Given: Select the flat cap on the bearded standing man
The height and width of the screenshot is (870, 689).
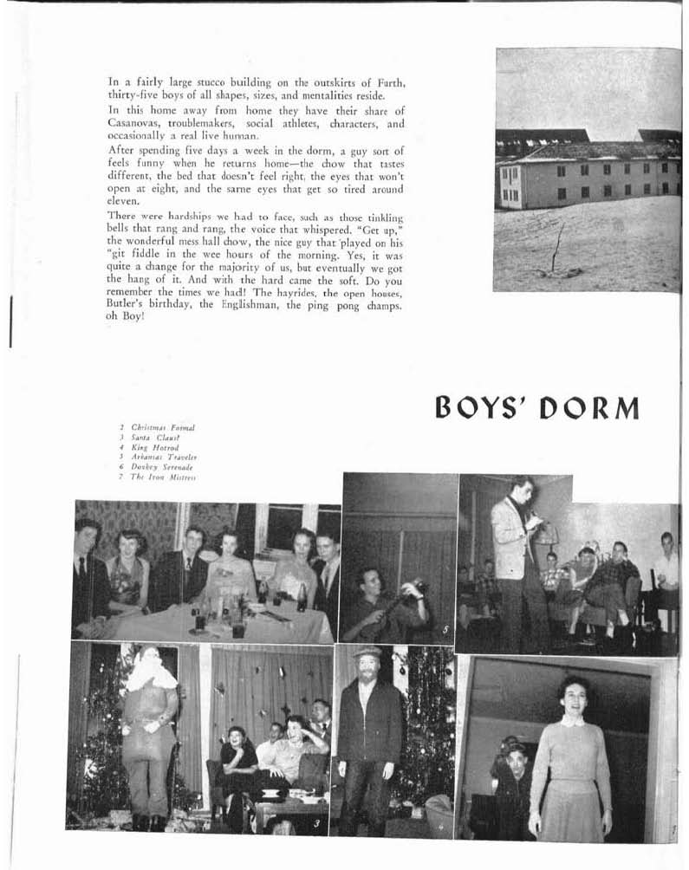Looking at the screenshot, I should click(x=367, y=651).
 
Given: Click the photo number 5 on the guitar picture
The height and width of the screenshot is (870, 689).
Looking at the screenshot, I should click(x=445, y=630).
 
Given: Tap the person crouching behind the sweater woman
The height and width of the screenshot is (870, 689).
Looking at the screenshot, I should click(x=514, y=771).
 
